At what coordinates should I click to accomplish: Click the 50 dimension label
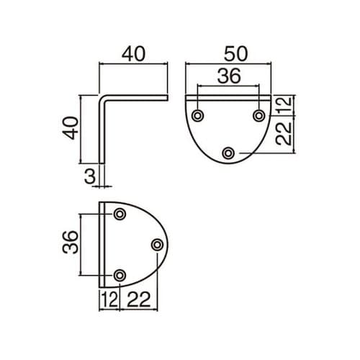pyautogui.click(x=235, y=54)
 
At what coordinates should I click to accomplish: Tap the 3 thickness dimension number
pyautogui.click(x=90, y=176)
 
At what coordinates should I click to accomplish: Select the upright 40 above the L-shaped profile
pyautogui.click(x=133, y=54)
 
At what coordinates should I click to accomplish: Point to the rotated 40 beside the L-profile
pyautogui.click(x=71, y=128)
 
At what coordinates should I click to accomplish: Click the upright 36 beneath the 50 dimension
pyautogui.click(x=229, y=76)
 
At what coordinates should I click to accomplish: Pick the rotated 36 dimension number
pyautogui.click(x=71, y=242)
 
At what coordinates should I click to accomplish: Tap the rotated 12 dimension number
pyautogui.click(x=284, y=104)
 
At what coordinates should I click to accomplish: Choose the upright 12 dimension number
pyautogui.click(x=110, y=300)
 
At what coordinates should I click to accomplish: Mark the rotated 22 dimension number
pyautogui.click(x=284, y=133)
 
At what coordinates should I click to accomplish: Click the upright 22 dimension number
pyautogui.click(x=138, y=300)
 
